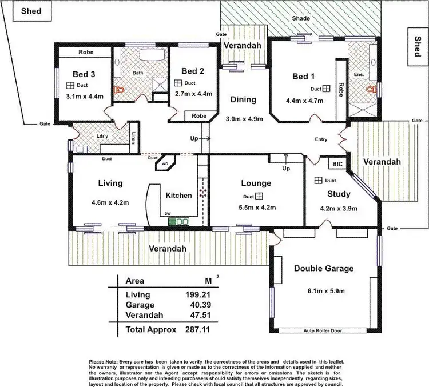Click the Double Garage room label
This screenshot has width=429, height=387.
(x=324, y=268)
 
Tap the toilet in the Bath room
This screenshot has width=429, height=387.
(x=119, y=90)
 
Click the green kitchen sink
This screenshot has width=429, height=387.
(x=182, y=221)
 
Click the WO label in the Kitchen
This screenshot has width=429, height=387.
(x=165, y=163)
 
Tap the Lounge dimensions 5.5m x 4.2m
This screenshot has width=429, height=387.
(x=256, y=208)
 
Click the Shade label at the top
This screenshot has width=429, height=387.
(x=301, y=19)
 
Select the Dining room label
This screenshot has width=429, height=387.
(x=243, y=99)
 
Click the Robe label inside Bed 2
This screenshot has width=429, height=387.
(x=199, y=115)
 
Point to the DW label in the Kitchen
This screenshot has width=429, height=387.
(x=168, y=214)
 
